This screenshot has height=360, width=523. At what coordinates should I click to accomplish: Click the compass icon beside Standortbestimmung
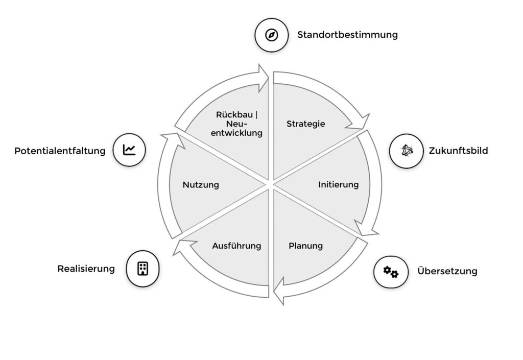pos(272,35)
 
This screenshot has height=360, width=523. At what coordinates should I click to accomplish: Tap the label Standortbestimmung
pos(347,35)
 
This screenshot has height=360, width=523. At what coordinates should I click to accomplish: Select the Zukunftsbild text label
pos(458,151)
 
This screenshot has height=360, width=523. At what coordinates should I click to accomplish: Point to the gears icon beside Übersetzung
pos(391,272)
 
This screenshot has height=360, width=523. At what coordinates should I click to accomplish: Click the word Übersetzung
pos(447,271)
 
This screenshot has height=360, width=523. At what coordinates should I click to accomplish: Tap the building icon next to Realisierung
pos(142,269)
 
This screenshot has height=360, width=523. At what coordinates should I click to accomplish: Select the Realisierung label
pos(86,269)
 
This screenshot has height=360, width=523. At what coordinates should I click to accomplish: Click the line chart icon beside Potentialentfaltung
pos(129,150)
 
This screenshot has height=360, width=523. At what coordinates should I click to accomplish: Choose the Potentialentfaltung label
pos(60,151)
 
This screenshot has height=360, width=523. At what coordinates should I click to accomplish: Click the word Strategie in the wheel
pos(305,124)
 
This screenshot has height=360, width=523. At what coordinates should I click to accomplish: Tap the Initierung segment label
pos(338,184)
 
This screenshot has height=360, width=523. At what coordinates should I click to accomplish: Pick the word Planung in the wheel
pos(305,246)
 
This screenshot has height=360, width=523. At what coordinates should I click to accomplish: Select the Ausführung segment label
pos(236,246)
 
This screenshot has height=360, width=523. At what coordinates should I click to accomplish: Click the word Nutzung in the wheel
pos(201,185)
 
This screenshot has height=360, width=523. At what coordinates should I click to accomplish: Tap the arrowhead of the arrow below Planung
pos(279,295)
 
